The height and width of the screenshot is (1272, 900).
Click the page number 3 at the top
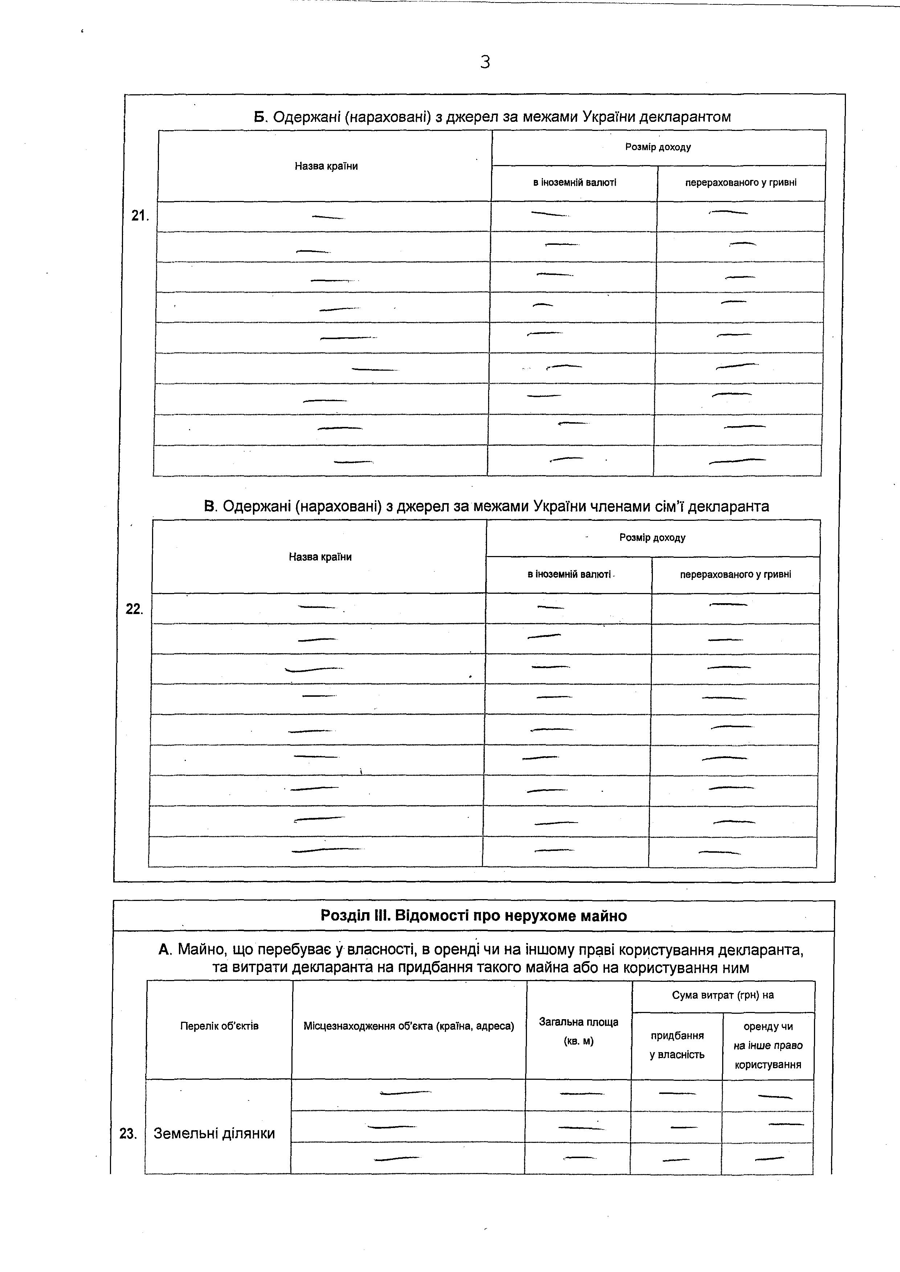pos(485,62)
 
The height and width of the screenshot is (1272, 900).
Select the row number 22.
pos(134,609)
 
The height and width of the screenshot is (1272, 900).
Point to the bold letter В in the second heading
pos(209,506)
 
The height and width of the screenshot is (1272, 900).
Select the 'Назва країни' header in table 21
pos(326,166)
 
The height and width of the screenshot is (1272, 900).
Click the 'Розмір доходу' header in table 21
pos(658,147)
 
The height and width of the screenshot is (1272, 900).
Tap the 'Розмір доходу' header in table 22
pos(652,538)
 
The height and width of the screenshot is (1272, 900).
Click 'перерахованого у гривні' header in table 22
pos(735,575)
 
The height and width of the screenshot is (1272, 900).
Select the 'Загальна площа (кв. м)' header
pos(578,1031)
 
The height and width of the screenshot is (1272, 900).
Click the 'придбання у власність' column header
pos(677,1045)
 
